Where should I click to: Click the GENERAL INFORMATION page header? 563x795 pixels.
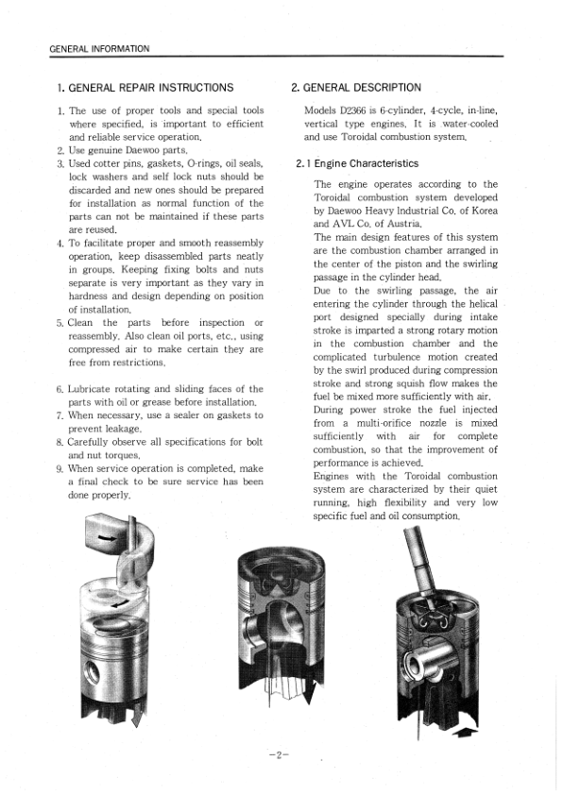[99, 48]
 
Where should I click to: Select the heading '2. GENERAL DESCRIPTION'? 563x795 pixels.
[356, 88]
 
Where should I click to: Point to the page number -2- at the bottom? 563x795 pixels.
[279, 754]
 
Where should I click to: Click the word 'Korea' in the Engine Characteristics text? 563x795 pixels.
[482, 211]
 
